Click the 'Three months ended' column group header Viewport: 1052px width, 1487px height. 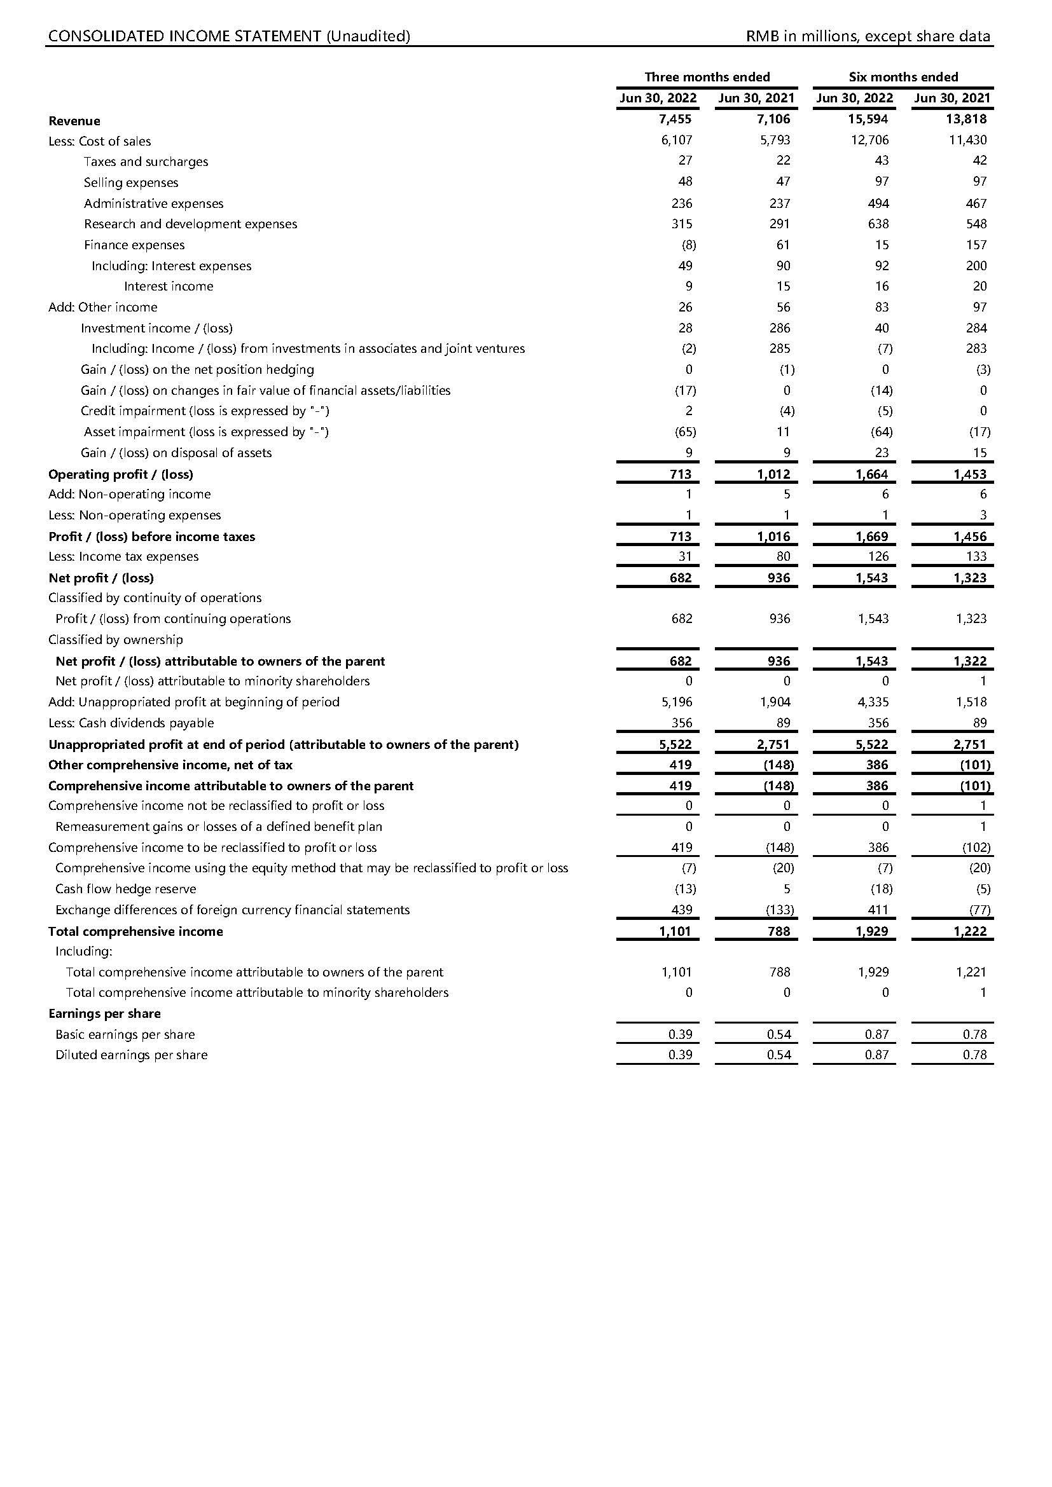(707, 77)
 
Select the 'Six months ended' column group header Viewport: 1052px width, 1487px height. (903, 77)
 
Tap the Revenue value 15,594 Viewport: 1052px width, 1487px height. (868, 119)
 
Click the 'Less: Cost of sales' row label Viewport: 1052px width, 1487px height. (100, 141)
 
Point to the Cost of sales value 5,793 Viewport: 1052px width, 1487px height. (775, 140)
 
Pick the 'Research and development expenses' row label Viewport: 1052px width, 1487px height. (190, 224)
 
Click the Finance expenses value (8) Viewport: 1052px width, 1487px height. (689, 245)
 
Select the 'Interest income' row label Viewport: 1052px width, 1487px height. (169, 286)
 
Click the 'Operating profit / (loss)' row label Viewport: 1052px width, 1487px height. (120, 474)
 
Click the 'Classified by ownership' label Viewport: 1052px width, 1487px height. (115, 640)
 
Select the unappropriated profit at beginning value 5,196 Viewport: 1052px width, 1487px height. (677, 702)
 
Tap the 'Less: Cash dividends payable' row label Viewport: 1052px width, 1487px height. (131, 723)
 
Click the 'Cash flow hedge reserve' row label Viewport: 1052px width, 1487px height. (126, 889)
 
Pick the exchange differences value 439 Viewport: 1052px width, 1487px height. (681, 910)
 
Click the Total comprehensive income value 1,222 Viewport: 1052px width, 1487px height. (970, 931)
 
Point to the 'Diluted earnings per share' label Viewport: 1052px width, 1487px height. (132, 1055)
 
